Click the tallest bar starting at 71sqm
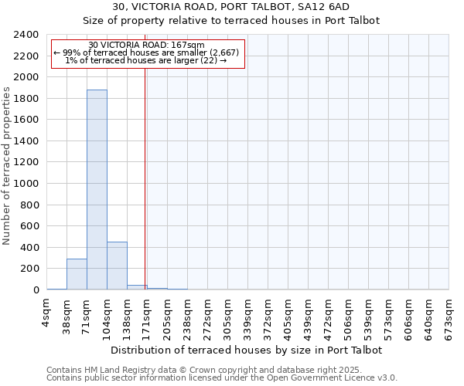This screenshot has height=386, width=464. (x=97, y=189)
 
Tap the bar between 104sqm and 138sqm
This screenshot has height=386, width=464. (x=117, y=266)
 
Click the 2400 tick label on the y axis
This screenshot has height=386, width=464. (x=26, y=35)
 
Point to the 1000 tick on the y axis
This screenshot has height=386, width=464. (x=26, y=184)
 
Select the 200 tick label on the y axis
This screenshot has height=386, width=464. (x=29, y=269)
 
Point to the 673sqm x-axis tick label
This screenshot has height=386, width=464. (x=449, y=314)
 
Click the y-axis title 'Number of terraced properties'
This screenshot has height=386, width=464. (x=7, y=166)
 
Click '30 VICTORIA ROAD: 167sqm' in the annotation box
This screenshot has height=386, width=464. (x=147, y=46)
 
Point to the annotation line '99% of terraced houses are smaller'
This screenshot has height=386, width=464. (x=147, y=52)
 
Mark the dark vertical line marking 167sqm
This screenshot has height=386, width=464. (x=145, y=178)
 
